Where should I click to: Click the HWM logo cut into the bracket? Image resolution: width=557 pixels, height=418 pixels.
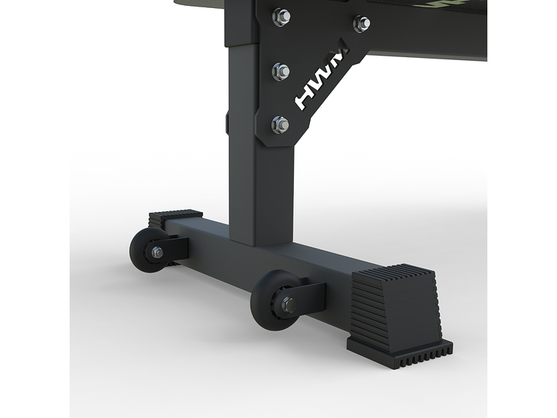[322, 81]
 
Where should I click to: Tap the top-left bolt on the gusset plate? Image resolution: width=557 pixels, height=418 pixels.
[281, 16]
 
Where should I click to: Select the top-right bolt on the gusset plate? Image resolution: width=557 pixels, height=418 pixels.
[361, 23]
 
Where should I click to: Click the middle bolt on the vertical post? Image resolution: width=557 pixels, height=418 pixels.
[281, 71]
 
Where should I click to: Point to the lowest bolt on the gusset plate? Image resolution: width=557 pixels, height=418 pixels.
[280, 124]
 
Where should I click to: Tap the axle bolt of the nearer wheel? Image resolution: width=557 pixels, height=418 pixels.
[287, 304]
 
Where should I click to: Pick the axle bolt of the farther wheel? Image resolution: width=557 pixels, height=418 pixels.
[157, 252]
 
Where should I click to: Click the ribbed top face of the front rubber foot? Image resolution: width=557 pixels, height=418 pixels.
[392, 274]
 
